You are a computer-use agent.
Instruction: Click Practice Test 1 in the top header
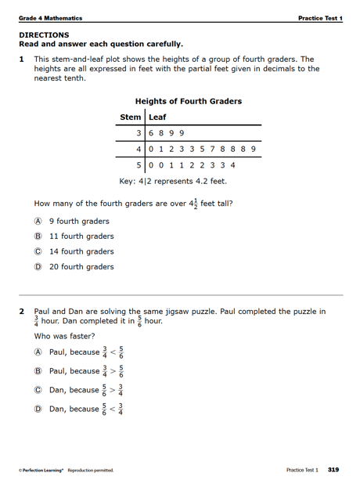(x=319, y=18)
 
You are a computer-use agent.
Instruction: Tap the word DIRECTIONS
(x=44, y=34)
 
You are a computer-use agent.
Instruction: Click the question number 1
(x=23, y=59)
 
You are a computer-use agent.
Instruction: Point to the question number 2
(x=23, y=311)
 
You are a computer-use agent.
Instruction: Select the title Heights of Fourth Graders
(x=188, y=101)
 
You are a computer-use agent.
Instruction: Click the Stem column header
(x=130, y=117)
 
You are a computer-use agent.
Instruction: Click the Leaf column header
(x=157, y=117)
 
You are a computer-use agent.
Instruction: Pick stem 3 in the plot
(x=138, y=133)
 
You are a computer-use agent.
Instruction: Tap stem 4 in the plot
(x=138, y=149)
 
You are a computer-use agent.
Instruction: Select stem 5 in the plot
(x=138, y=164)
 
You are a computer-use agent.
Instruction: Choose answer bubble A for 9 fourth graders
(x=37, y=221)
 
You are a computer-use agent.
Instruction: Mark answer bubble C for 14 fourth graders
(x=37, y=251)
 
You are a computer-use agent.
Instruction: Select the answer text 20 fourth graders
(x=81, y=267)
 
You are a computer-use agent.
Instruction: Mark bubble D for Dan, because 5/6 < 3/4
(x=37, y=409)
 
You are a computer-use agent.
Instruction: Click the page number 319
(x=333, y=470)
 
